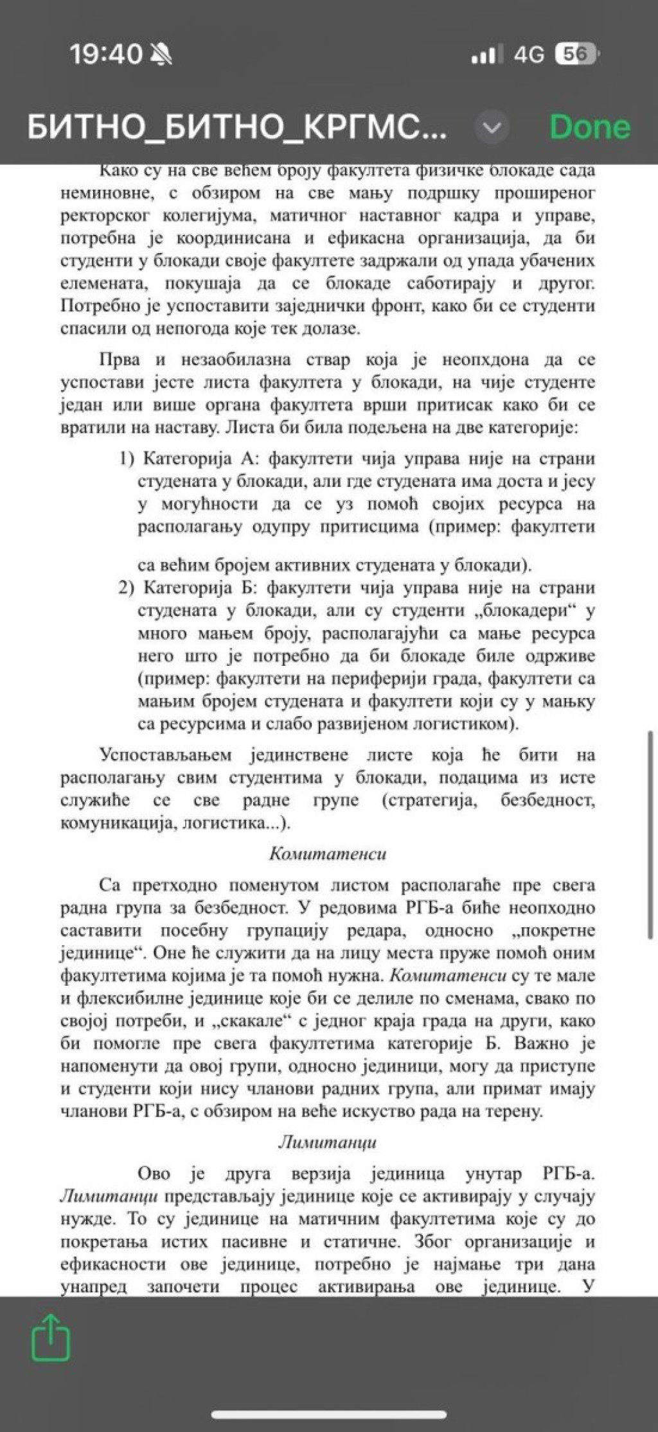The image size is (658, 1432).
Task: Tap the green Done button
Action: (590, 127)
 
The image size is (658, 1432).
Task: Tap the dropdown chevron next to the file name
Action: (492, 128)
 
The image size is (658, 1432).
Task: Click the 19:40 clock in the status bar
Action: (105, 54)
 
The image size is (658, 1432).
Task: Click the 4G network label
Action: (528, 55)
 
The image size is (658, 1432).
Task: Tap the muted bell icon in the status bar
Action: (161, 55)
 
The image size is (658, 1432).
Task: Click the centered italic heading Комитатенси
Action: (328, 853)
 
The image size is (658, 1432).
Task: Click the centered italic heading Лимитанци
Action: (328, 1142)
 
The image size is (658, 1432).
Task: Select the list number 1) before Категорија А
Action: (127, 458)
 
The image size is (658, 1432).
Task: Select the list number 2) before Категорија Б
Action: (127, 588)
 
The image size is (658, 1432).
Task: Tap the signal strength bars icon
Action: (484, 55)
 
